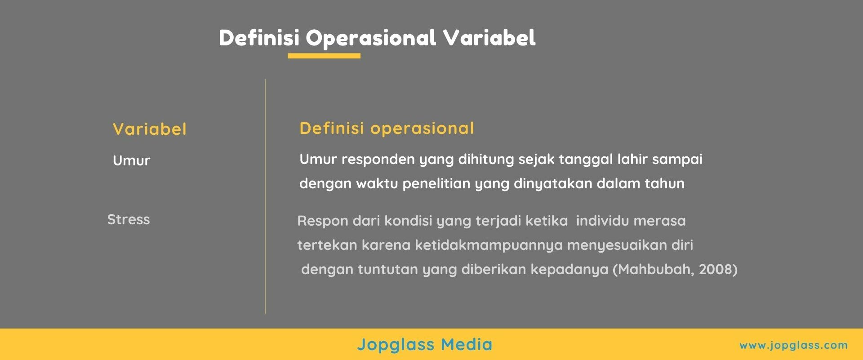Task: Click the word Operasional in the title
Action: [x=371, y=38]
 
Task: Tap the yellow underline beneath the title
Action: [x=324, y=56]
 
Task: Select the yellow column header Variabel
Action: [x=149, y=129]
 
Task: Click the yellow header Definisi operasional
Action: [x=387, y=129]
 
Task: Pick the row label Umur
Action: [x=131, y=160]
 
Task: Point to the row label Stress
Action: [x=129, y=219]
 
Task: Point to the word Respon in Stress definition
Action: [x=322, y=221]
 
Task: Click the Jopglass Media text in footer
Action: [x=425, y=345]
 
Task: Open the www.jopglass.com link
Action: [x=793, y=345]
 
